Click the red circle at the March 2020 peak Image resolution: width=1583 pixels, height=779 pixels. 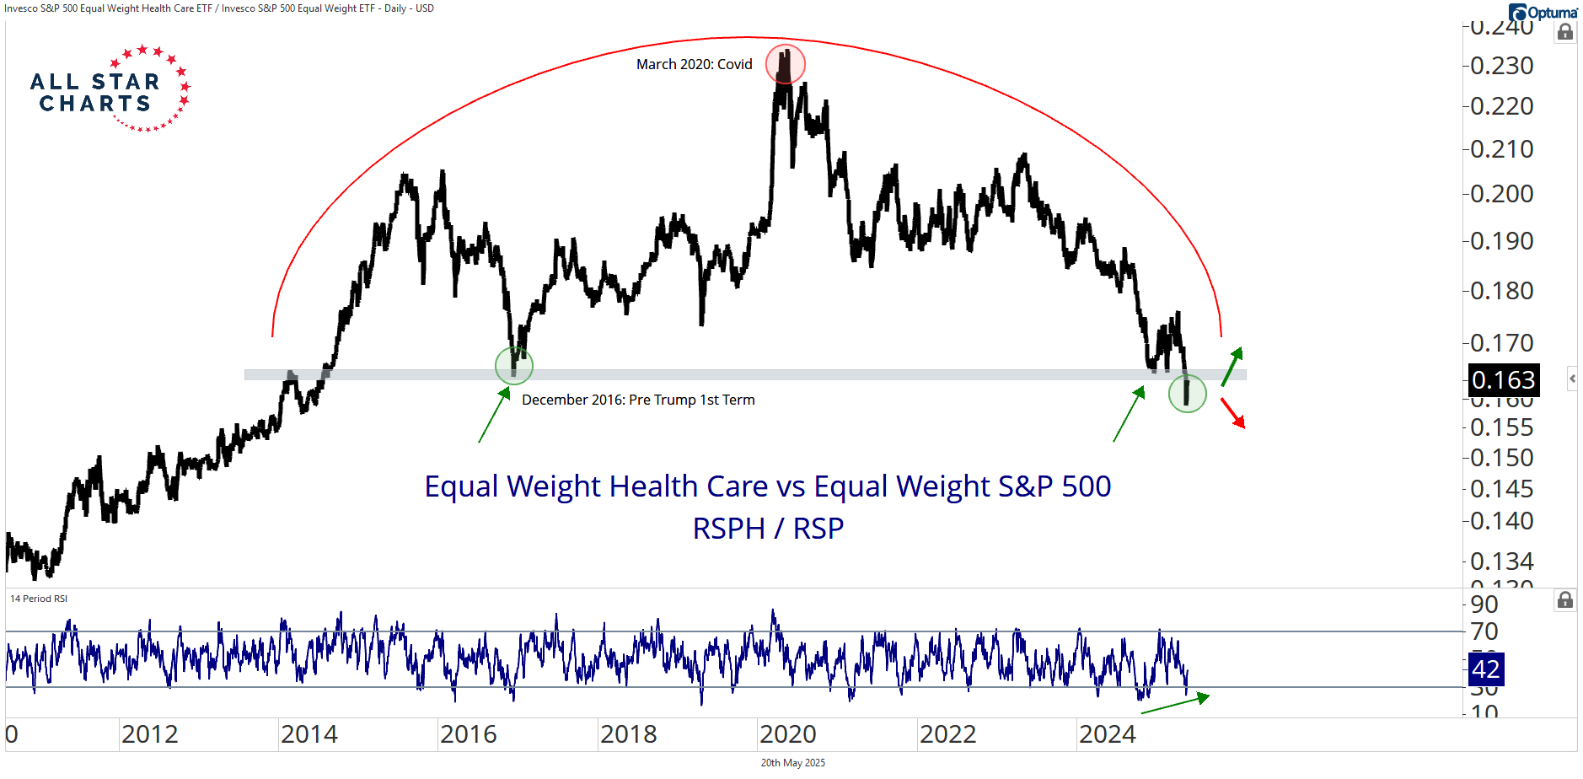coord(785,64)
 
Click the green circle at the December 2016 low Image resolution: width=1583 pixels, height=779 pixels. coord(514,366)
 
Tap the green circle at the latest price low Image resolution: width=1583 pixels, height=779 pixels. coord(1187,393)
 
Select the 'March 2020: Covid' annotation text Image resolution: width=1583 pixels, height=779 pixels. coord(694,65)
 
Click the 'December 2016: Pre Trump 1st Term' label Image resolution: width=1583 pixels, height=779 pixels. coord(638,400)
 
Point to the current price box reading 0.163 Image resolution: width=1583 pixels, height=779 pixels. coord(1503,380)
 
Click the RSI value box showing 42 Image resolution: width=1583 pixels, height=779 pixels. coord(1485,669)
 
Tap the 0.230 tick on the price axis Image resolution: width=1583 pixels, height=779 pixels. coord(1501,66)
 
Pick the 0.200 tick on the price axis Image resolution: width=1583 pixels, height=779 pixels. coord(1501,194)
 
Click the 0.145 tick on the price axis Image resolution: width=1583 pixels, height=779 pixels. coord(1501,489)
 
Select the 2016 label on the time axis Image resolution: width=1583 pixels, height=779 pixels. coord(468,734)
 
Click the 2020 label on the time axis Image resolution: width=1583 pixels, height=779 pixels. coord(787,734)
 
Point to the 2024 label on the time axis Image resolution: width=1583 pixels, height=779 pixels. coord(1107,734)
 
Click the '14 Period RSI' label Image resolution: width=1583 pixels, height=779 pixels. coord(39,599)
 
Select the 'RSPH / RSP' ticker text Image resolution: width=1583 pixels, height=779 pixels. coord(768,529)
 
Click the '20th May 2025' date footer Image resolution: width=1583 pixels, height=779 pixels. coord(792,763)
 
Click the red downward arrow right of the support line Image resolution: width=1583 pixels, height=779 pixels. coord(1233,413)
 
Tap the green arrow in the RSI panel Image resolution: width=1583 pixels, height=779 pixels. coord(1175,704)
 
